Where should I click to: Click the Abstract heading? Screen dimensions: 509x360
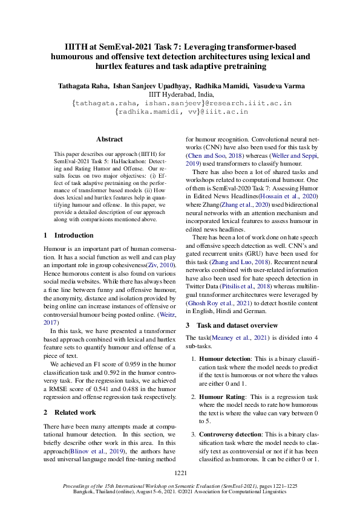pos(109,139)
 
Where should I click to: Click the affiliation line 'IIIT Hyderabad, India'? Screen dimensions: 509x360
pos(180,95)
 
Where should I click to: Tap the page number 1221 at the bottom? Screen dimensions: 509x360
pos(180,472)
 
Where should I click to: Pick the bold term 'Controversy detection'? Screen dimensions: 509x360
pos(234,434)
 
